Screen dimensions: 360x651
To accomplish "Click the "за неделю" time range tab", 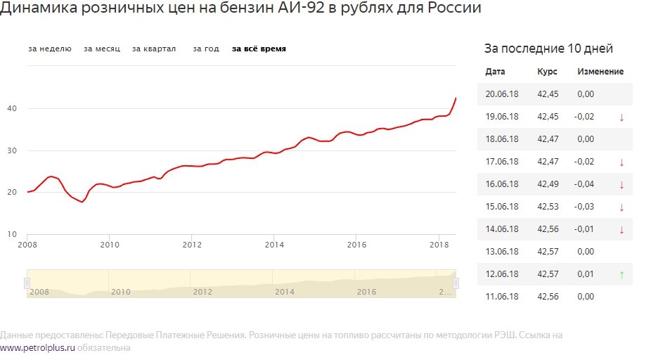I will click(x=49, y=49).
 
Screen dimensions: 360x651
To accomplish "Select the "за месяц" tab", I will click(x=102, y=49).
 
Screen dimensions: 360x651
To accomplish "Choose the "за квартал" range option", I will click(x=154, y=49).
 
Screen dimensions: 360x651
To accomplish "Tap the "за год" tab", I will click(x=206, y=49).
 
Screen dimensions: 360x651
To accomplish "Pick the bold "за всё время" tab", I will click(x=259, y=49).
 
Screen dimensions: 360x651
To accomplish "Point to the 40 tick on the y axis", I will click(x=13, y=108).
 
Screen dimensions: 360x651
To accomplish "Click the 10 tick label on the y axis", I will click(x=13, y=234).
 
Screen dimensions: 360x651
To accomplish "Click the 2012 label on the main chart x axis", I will click(x=192, y=245).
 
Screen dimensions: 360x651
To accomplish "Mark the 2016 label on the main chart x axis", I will click(x=356, y=245).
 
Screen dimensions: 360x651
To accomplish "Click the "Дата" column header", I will click(x=495, y=72).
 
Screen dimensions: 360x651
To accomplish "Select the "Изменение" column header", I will click(x=600, y=72).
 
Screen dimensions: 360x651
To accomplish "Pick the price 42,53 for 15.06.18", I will click(x=548, y=207).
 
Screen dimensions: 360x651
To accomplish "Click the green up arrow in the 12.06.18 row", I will click(x=621, y=275).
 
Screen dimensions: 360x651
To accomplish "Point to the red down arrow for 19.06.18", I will click(x=621, y=117).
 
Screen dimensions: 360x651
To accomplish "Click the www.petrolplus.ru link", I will click(x=37, y=347).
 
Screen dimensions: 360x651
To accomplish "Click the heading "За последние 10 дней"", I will click(x=548, y=49).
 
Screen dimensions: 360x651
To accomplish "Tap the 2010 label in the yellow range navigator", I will click(x=121, y=291).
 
